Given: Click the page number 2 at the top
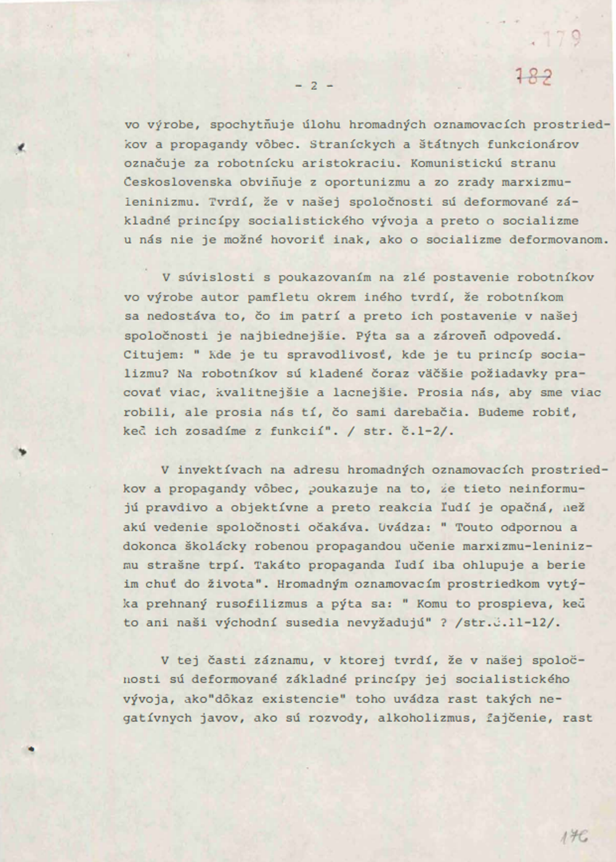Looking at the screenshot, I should click(x=314, y=86).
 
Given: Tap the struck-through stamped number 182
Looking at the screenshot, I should click(x=533, y=77).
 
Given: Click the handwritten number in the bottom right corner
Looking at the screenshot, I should click(x=574, y=836).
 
